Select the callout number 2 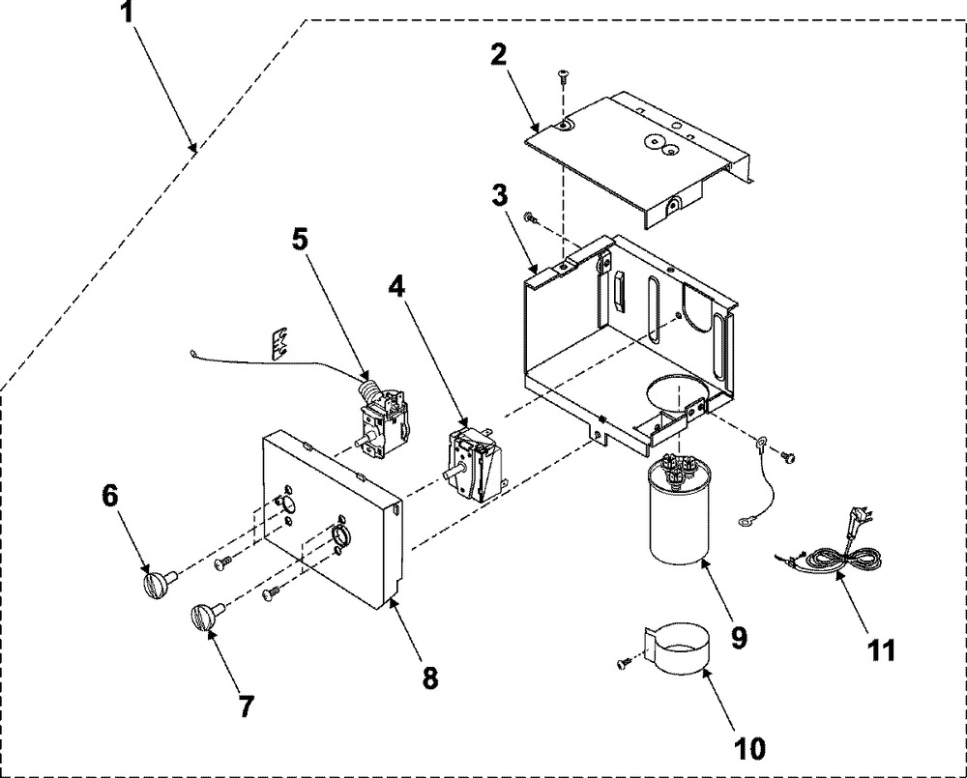pos(498,55)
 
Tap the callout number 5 pos(299,239)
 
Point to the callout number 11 pos(881,649)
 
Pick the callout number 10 pos(749,748)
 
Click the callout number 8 pos(430,677)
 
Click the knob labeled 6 pos(158,582)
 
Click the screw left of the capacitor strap pos(624,664)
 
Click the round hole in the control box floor pos(677,393)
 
